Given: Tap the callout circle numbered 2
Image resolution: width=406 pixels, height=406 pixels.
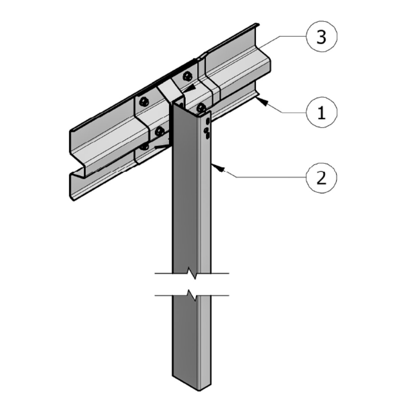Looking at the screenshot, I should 321,177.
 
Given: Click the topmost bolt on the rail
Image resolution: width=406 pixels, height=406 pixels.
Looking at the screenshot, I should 187,76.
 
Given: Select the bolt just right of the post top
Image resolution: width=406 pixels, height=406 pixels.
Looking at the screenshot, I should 201,108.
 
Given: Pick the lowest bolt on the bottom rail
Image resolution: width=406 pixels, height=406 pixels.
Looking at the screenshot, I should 145,146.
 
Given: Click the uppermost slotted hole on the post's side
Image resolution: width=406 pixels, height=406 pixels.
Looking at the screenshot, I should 207,120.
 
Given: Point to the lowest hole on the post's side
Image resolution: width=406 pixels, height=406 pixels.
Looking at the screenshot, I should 207,135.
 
